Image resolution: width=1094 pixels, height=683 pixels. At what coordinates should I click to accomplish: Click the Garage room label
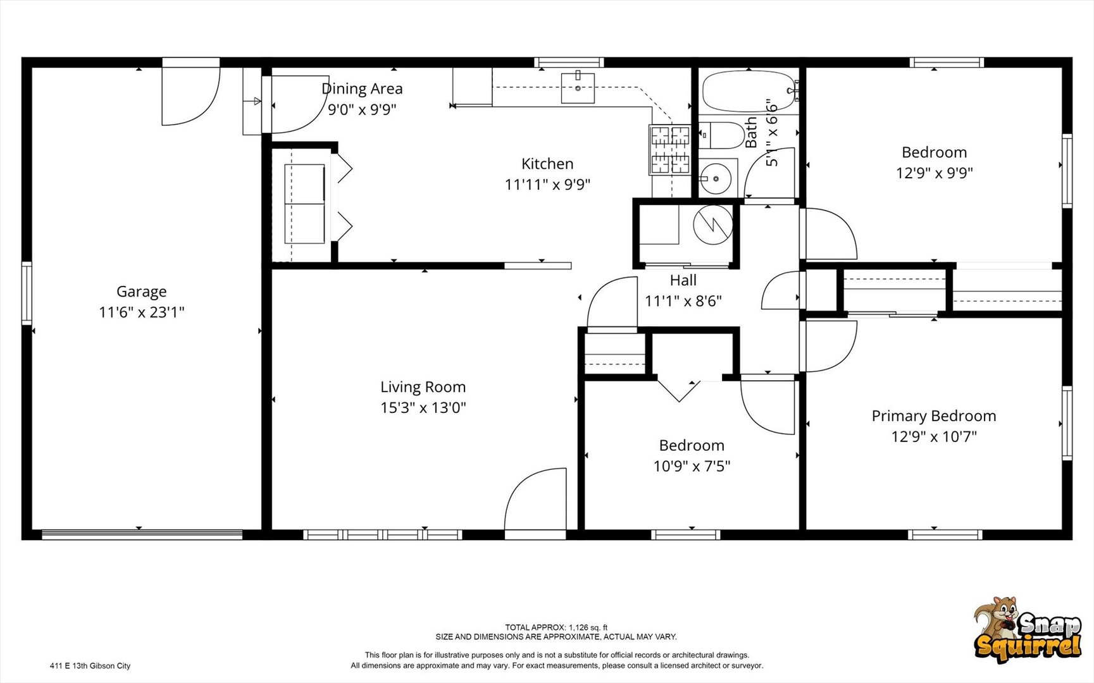click(141, 292)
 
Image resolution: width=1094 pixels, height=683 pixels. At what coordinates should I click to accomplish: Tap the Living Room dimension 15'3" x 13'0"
click(423, 408)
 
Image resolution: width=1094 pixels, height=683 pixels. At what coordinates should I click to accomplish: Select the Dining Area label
click(362, 89)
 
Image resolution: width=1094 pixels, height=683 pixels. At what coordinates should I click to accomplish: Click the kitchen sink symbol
click(578, 88)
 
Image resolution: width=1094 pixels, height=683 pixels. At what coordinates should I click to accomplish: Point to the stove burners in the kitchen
click(669, 150)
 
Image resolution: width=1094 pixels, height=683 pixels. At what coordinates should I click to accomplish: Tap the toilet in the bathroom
click(721, 135)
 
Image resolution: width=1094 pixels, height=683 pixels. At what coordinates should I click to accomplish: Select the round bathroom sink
click(716, 179)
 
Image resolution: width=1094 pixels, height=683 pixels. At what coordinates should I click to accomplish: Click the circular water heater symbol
click(712, 225)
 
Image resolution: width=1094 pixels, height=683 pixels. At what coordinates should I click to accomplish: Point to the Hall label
click(683, 280)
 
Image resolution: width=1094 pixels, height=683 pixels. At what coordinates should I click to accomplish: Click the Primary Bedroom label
click(933, 416)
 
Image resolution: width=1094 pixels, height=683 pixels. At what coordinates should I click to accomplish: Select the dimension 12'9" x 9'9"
click(934, 173)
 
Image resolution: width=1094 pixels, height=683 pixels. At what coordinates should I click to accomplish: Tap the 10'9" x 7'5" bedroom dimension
click(692, 466)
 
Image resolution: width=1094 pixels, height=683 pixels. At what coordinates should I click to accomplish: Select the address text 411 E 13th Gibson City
click(90, 666)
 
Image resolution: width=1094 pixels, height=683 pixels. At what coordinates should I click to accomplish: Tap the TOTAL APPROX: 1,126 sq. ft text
click(556, 627)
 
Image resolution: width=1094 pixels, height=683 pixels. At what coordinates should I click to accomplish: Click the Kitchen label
click(547, 164)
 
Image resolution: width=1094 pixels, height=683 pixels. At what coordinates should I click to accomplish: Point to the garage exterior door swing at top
click(190, 95)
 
